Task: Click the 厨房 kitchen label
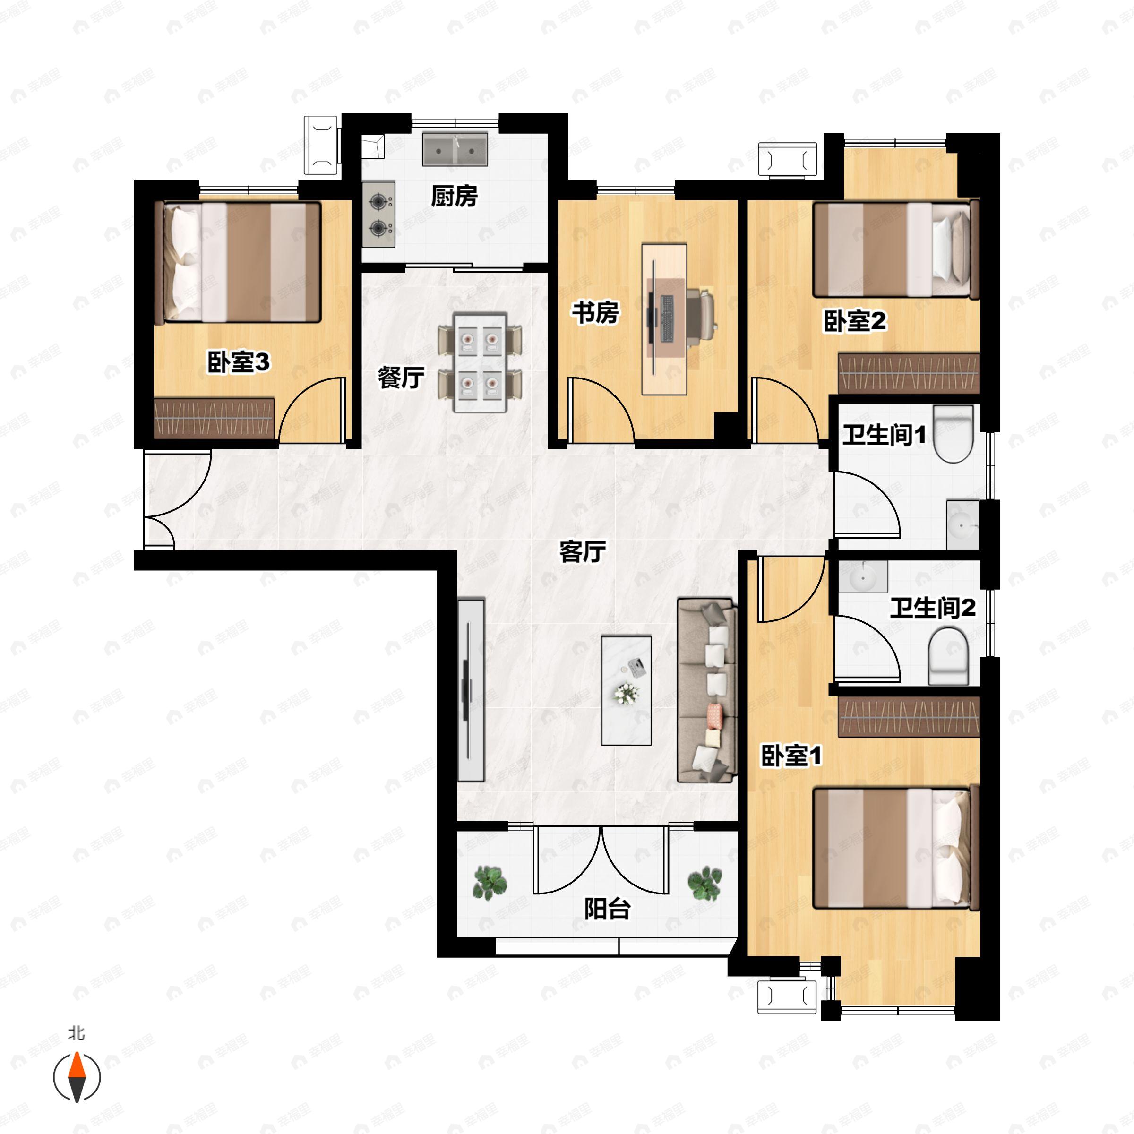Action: click(454, 196)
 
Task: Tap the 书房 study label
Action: click(595, 312)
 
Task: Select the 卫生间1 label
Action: click(884, 435)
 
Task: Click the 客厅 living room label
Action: click(582, 552)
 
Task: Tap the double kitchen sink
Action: click(455, 149)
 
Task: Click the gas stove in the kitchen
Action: click(378, 214)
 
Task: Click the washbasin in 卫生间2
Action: click(863, 577)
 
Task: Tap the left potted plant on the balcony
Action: click(490, 882)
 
